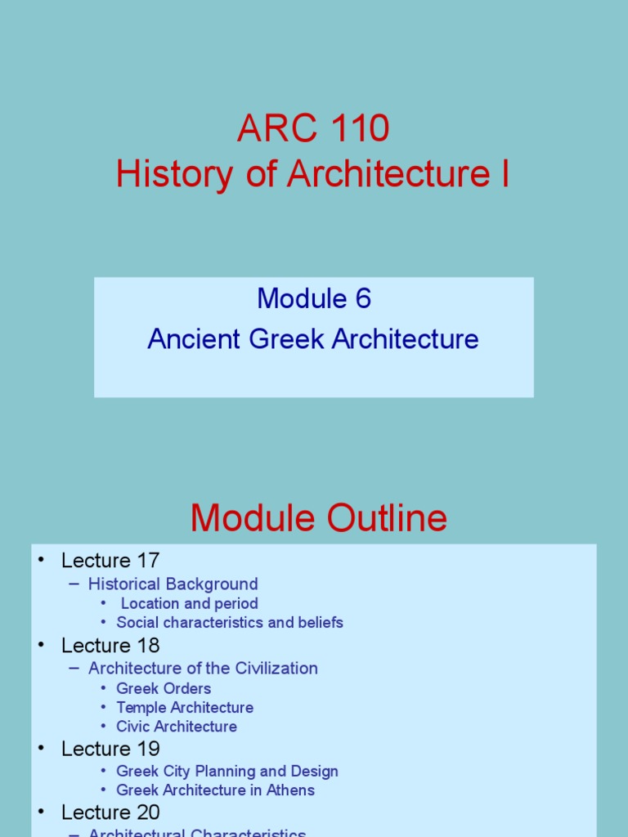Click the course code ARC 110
[x=313, y=129]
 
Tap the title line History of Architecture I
[x=313, y=174]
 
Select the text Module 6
[x=314, y=299]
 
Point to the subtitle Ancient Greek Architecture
[x=313, y=339]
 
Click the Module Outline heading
[x=319, y=518]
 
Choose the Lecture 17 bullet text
[x=110, y=561]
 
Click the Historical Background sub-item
[x=173, y=584]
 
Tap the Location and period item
[x=189, y=603]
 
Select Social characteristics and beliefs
[x=230, y=623]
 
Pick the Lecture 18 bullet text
[x=110, y=645]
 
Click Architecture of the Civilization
[x=203, y=668]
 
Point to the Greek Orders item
[x=164, y=688]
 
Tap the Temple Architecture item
[x=185, y=707]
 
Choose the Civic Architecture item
[x=177, y=727]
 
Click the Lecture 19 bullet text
[x=110, y=749]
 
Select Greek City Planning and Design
[x=227, y=771]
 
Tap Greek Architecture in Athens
[x=215, y=790]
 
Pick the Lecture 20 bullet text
[x=110, y=812]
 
